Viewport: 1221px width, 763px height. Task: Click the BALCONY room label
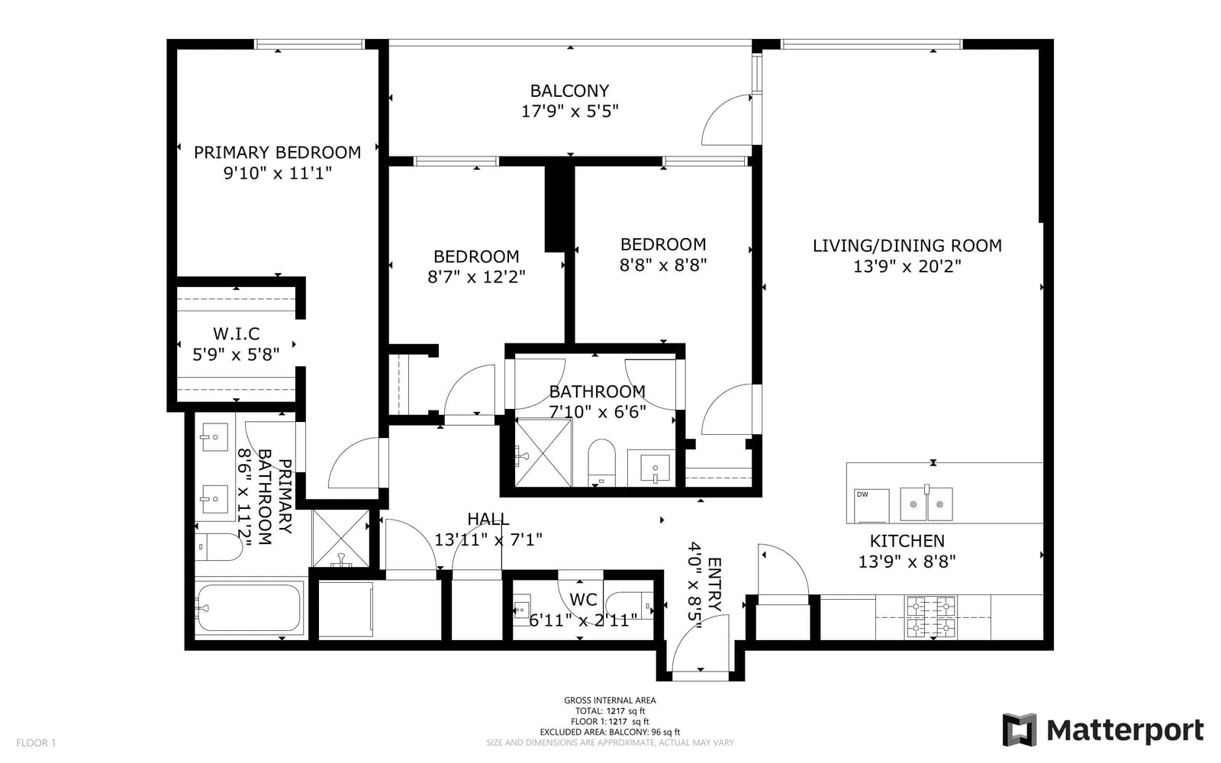569,91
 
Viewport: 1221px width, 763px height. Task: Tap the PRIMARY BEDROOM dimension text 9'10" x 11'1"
278,173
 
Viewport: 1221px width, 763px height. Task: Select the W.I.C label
236,333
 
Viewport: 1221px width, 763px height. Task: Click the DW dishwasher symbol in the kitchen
871,506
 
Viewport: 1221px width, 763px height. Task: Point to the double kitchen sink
926,504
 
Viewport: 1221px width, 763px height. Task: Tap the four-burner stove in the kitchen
930,617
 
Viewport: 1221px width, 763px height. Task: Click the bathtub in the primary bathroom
249,607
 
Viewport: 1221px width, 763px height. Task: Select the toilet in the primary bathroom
219,546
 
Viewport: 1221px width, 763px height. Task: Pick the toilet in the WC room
630,605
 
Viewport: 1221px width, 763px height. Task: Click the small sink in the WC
522,607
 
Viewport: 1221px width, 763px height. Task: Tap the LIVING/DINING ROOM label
907,246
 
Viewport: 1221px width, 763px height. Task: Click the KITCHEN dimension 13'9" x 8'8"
907,562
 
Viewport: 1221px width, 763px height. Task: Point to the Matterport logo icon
1019,729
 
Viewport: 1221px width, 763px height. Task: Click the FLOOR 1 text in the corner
36,743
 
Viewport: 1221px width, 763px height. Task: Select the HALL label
488,520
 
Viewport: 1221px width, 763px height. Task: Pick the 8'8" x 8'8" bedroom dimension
663,266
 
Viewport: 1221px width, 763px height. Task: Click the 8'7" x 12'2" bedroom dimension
476,278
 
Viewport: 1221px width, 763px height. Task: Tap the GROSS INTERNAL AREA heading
610,700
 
